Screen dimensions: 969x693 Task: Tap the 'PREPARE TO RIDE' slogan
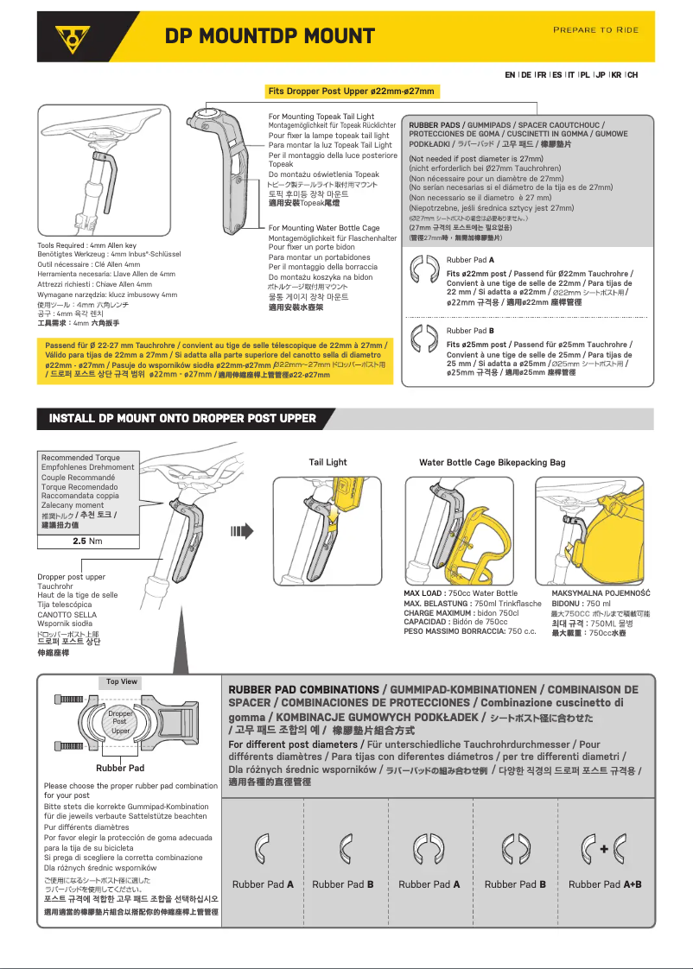click(595, 30)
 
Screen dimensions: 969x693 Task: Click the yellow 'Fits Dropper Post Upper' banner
click(352, 92)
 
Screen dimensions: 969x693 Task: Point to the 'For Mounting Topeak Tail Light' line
click(321, 117)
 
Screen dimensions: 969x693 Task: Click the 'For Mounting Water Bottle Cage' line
click(324, 228)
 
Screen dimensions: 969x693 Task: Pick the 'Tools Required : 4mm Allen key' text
click(87, 246)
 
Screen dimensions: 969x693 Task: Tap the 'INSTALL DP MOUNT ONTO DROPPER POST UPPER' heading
click(182, 418)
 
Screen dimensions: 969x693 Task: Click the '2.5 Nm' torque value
click(87, 541)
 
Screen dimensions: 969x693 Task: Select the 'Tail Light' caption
click(328, 462)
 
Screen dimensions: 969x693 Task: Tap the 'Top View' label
click(122, 681)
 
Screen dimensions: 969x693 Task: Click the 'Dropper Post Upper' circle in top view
click(120, 723)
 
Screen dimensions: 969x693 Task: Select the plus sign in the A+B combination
click(604, 849)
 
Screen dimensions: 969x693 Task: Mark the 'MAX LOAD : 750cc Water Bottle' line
click(461, 593)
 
